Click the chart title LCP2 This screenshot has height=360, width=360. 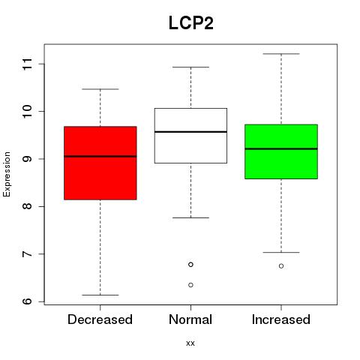point(191,23)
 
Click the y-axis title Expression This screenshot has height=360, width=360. point(7,174)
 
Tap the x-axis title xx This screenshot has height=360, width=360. point(190,343)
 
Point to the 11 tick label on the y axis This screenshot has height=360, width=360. point(28,64)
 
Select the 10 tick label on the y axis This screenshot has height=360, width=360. point(28,112)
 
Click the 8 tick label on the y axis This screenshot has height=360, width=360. point(28,206)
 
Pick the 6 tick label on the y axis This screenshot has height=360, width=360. point(28,301)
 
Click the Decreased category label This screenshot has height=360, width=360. point(100,319)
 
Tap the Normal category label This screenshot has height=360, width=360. point(190,319)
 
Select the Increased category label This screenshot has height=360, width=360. point(281,319)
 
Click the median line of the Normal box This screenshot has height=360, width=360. point(190,132)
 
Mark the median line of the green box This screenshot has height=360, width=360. point(281,148)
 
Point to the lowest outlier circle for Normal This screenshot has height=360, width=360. point(190,285)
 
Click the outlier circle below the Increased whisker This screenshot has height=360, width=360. point(281,266)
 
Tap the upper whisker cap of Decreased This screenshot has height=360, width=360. point(100,89)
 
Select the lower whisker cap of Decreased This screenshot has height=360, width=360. point(100,295)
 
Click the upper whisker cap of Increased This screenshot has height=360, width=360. point(281,54)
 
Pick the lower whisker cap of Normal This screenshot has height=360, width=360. point(190,217)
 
